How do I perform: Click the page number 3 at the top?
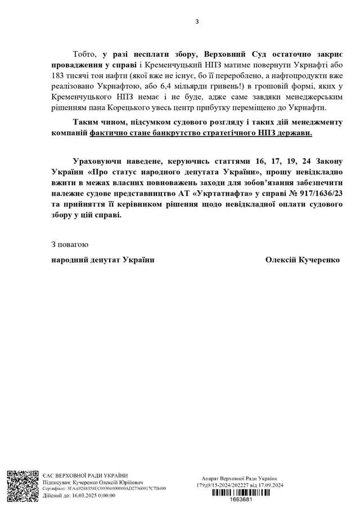pos(197,22)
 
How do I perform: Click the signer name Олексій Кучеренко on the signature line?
pos(302,260)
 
